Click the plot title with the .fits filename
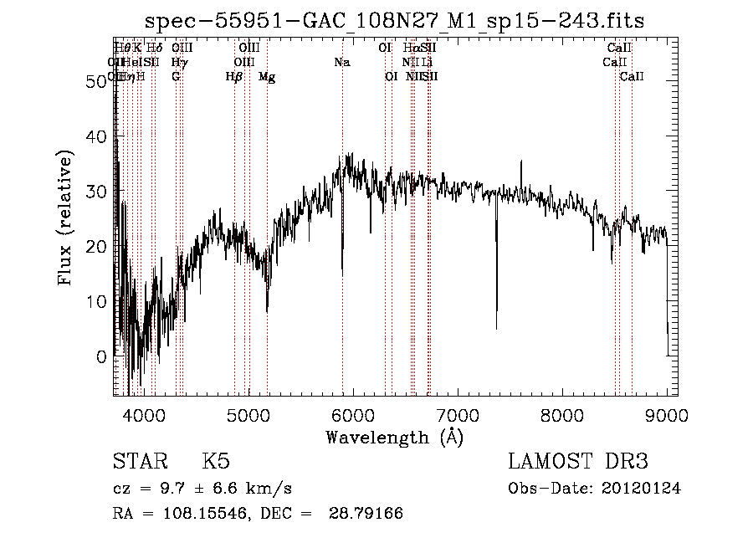[395, 20]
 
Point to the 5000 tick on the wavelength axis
[248, 416]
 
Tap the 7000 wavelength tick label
[458, 416]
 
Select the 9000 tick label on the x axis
[667, 416]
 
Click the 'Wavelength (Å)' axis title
[394, 437]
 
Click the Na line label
[341, 63]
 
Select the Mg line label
[267, 77]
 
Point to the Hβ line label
[234, 77]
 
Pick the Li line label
[427, 63]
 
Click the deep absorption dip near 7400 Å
[496, 326]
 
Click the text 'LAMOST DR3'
[578, 462]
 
